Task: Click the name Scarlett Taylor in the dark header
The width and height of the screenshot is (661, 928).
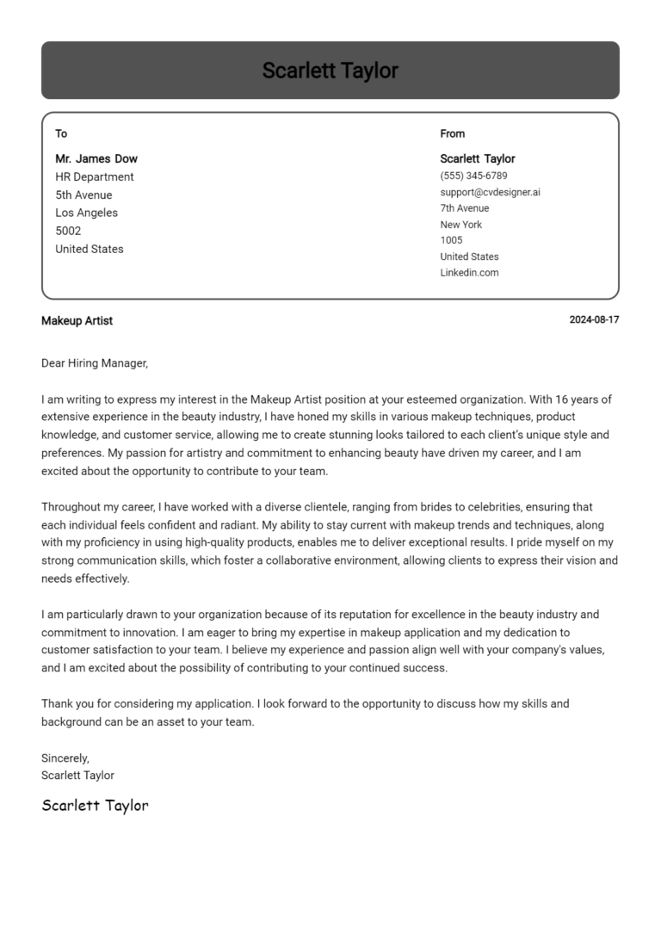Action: [330, 71]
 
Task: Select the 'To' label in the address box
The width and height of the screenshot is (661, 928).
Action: [61, 133]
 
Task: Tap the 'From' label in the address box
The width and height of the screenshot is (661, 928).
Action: [452, 133]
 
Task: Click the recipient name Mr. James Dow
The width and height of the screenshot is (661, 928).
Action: [96, 158]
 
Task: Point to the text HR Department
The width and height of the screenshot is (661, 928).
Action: [95, 176]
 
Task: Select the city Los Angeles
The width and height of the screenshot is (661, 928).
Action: [87, 213]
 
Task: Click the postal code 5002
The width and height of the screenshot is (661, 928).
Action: [68, 231]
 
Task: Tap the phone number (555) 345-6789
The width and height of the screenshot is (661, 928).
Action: [473, 176]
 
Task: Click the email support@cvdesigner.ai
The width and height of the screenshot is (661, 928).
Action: [490, 192]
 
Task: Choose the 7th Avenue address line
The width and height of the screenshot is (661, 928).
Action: [464, 208]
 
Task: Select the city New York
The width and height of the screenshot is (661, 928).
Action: [460, 225]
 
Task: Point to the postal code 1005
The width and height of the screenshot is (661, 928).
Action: [451, 240]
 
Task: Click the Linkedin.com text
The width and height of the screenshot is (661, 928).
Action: [469, 273]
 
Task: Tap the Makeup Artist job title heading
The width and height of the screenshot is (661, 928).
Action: [77, 320]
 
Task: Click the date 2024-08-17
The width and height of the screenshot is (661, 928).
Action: [594, 320]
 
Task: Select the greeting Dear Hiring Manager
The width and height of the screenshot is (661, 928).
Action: [95, 363]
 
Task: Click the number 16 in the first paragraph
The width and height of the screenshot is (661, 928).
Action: [562, 399]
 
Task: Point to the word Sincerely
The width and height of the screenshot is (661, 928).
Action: [65, 758]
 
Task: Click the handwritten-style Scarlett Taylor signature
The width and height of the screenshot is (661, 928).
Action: [95, 806]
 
